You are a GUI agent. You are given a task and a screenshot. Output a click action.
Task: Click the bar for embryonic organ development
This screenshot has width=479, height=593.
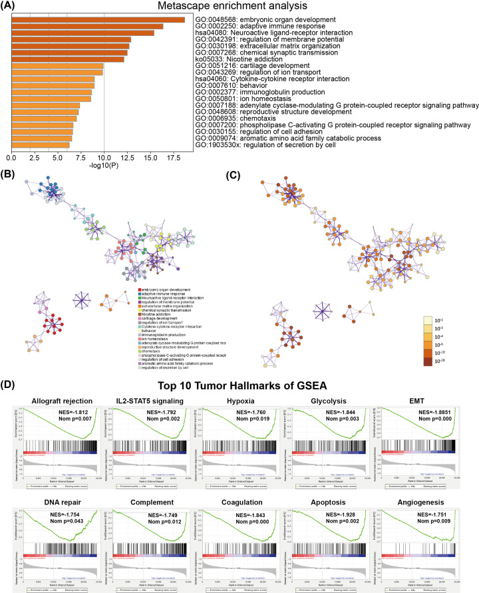click(98, 19)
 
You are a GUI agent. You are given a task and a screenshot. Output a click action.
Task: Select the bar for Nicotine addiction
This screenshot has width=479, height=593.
click(67, 59)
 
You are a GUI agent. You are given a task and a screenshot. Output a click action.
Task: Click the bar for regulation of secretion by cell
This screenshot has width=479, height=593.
click(40, 144)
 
